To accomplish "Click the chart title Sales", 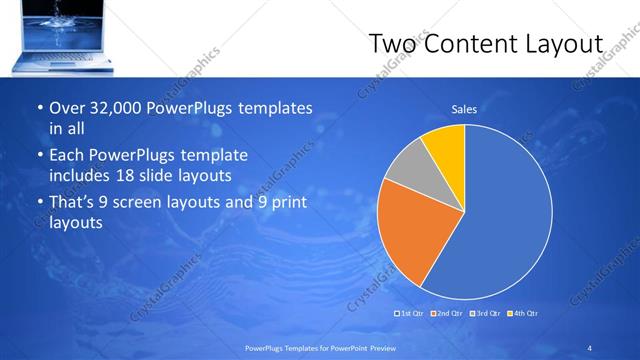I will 464,109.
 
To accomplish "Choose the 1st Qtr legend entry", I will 411,314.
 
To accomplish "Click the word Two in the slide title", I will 394,45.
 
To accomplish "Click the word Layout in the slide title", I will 567,45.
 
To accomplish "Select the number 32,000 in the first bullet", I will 120,108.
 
